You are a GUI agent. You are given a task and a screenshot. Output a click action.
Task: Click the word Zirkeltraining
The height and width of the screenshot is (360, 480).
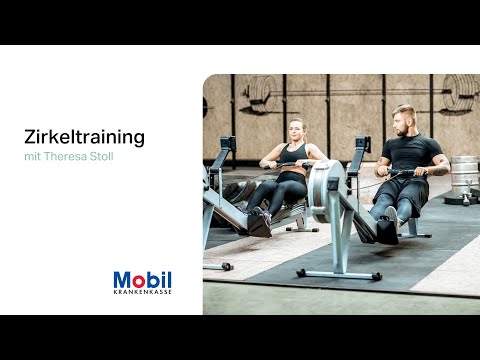[x=84, y=136]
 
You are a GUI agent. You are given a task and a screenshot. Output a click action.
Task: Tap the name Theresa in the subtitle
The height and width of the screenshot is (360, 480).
[x=68, y=158]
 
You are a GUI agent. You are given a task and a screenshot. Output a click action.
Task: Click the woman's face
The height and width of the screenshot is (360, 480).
[x=297, y=131]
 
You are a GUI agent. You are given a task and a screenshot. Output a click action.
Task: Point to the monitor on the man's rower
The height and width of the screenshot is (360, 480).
[x=362, y=144]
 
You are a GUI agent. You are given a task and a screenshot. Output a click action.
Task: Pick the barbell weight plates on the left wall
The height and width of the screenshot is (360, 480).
[x=260, y=93]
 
